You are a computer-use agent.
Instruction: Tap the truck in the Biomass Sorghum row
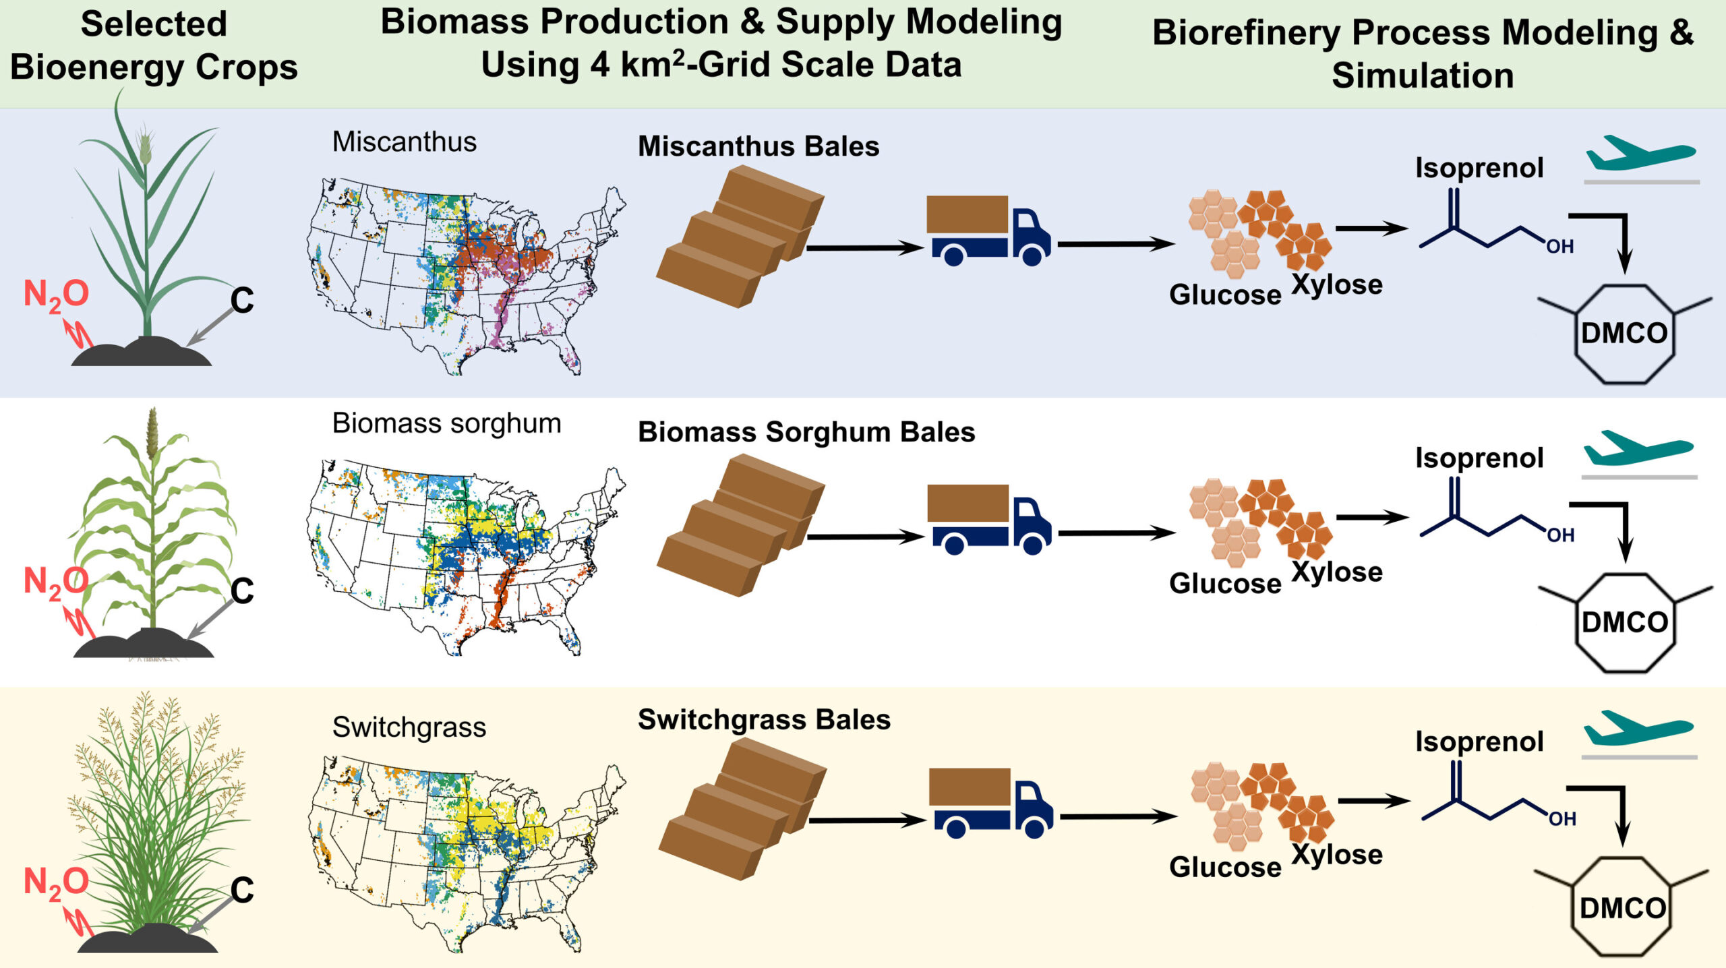pos(988,519)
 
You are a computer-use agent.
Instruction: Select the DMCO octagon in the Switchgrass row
pos(1621,907)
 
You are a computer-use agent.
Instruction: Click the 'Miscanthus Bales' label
pos(758,146)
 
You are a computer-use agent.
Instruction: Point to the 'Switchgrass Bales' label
pos(764,719)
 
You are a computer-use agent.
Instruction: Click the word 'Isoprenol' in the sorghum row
pos(1479,458)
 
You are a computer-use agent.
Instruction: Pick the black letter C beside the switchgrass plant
pos(242,890)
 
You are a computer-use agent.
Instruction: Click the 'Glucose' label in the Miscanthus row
pos(1225,295)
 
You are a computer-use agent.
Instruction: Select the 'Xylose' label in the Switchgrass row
pos(1337,854)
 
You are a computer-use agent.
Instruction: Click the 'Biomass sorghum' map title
pos(446,423)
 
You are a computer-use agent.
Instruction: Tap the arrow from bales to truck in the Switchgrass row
pos(866,820)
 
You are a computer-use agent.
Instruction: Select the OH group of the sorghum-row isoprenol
pos(1560,535)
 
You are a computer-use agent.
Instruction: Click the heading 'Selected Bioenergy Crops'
pos(154,46)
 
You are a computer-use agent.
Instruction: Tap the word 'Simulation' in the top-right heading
pos(1423,75)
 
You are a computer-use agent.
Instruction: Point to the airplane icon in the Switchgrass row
pos(1637,727)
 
